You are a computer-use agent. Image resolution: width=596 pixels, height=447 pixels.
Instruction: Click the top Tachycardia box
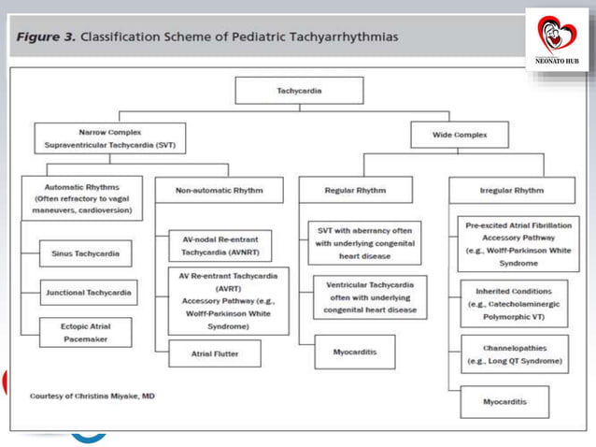click(285, 91)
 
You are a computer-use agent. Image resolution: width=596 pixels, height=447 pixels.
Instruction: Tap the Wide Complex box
click(460, 136)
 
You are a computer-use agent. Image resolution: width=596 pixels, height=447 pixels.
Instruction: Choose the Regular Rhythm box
click(343, 190)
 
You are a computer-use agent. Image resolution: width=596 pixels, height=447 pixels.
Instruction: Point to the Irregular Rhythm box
click(510, 190)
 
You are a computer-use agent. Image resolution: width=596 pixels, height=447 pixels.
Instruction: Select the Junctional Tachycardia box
click(88, 293)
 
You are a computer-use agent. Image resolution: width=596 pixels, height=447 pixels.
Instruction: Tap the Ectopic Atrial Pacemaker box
click(85, 332)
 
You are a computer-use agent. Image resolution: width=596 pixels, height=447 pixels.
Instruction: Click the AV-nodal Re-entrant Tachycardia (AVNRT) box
click(216, 245)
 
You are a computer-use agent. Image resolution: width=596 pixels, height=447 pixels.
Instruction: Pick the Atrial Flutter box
click(214, 353)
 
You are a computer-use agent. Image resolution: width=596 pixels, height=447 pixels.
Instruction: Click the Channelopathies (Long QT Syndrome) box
click(514, 354)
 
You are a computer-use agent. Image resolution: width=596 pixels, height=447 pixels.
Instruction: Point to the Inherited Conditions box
click(514, 298)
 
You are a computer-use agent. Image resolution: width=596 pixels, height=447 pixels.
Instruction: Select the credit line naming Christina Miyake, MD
click(92, 396)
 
